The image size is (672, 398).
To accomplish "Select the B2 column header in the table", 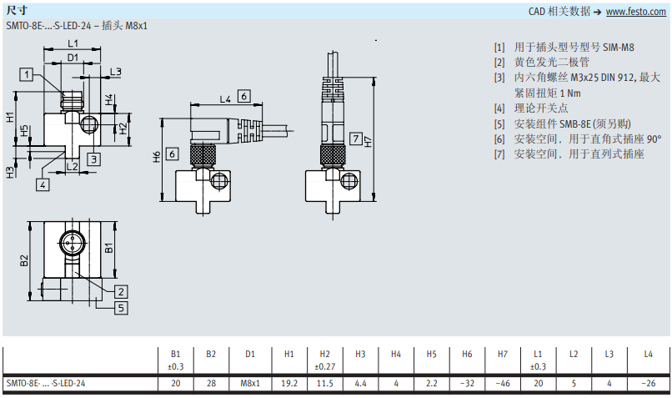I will point(211,354).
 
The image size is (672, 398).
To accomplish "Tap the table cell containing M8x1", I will point(250,384).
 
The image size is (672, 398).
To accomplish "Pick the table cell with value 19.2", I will point(288,384).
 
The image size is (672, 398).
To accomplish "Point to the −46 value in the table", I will point(503,384).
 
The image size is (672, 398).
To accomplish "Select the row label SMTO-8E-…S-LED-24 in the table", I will point(46,384).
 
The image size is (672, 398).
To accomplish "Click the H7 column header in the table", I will point(503,354).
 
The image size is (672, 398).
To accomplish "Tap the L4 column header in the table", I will point(649,354).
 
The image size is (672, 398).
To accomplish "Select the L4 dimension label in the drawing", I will point(225,98).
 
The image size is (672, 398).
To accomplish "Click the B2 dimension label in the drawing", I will point(25,259).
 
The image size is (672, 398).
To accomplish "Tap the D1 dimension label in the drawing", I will point(73,58).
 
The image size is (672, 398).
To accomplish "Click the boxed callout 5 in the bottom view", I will point(121,307).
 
